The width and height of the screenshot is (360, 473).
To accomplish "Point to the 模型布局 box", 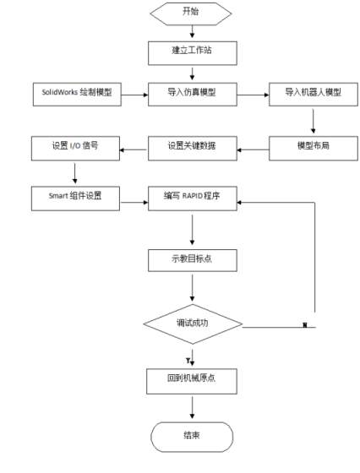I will tap(313, 146).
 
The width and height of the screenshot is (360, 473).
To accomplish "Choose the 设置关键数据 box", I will tap(193, 146).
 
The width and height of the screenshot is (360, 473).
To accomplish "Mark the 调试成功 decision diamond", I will tap(193, 323).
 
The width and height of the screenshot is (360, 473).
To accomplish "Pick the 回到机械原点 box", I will tap(193, 378).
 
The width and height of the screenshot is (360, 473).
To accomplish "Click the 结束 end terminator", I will tap(193, 437).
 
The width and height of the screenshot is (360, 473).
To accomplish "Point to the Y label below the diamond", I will tap(188, 360).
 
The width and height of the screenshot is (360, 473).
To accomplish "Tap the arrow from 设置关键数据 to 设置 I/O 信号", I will tap(132, 150).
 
